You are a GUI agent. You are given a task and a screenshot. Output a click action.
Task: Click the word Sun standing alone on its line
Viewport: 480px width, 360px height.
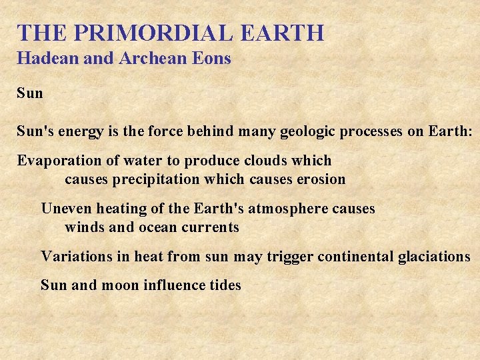tap(30, 93)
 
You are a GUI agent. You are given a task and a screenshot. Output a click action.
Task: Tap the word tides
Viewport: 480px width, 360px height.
tap(224, 285)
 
